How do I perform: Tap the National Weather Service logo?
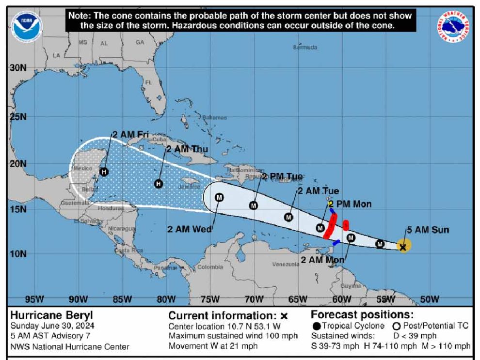click(x=453, y=26)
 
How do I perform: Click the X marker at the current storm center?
click(x=403, y=247)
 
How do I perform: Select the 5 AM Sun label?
click(x=427, y=230)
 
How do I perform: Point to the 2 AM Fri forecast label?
click(x=130, y=134)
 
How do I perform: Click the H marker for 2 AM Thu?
click(x=159, y=184)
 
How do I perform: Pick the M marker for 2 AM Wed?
click(x=219, y=197)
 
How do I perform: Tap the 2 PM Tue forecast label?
click(x=282, y=176)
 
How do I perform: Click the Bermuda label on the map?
click(x=305, y=47)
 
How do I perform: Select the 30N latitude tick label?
click(x=18, y=68)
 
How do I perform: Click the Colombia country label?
click(x=210, y=266)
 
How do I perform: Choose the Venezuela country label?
click(x=286, y=264)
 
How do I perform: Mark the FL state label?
click(x=149, y=82)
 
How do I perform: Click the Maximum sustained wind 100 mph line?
click(x=233, y=336)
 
